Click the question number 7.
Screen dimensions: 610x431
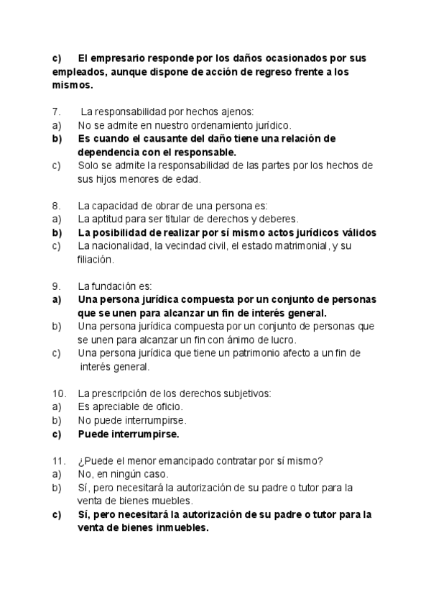(x=55, y=111)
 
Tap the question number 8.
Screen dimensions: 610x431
(x=55, y=206)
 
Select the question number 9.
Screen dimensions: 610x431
(x=55, y=286)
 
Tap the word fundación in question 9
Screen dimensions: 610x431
(x=114, y=286)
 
